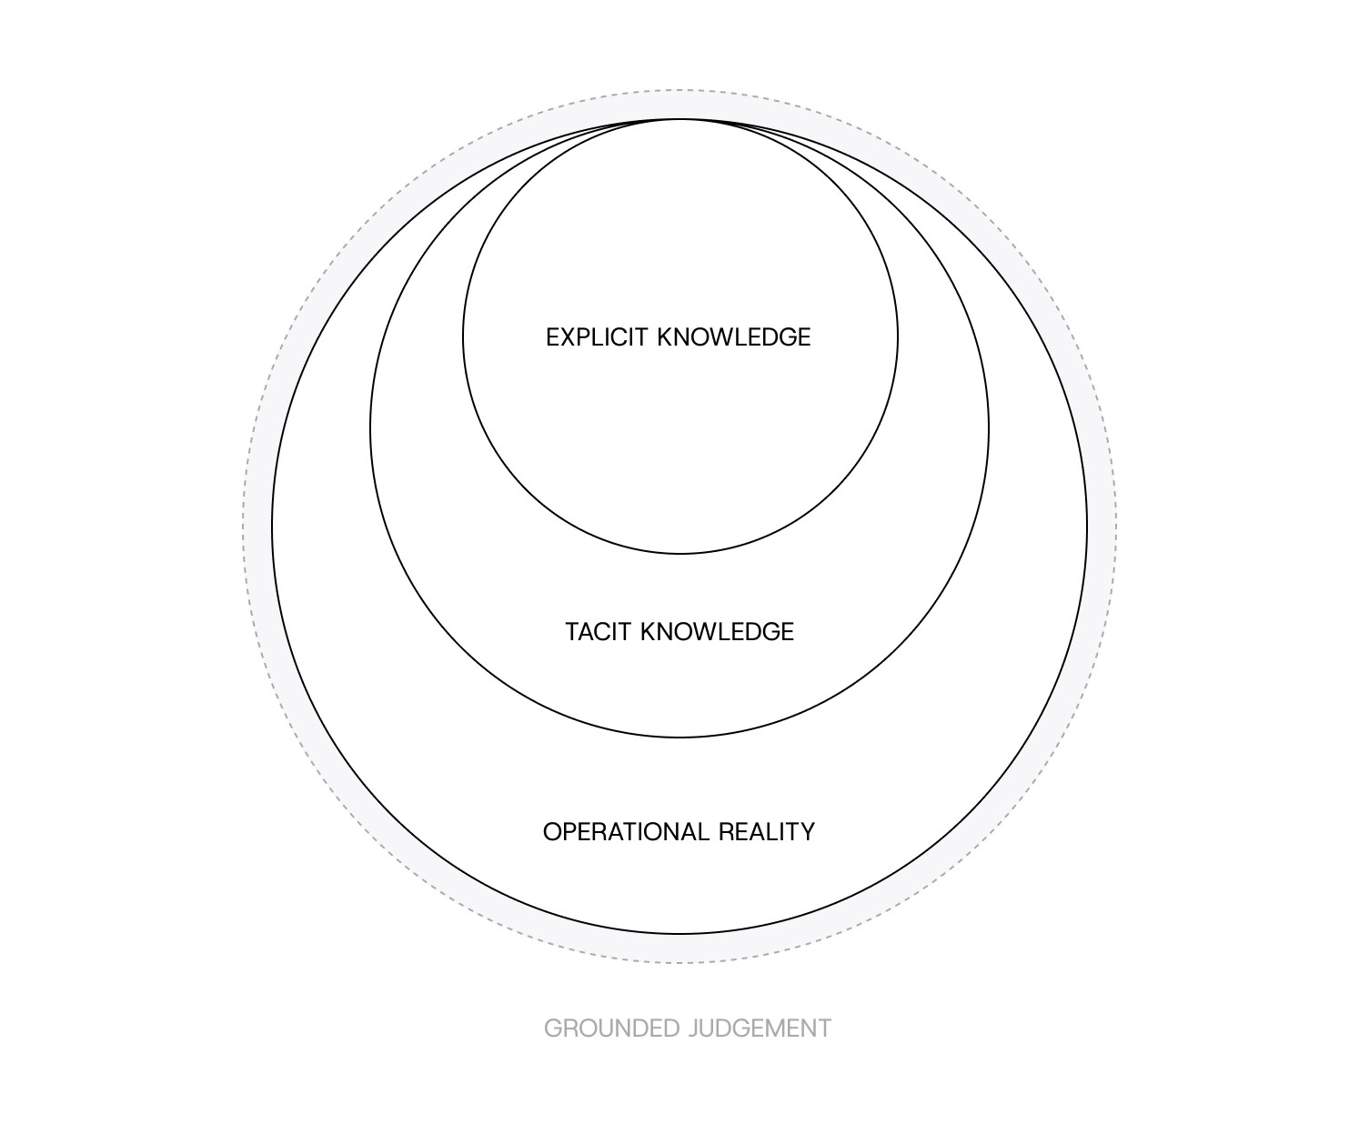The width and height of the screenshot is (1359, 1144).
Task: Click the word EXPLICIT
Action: pos(597,337)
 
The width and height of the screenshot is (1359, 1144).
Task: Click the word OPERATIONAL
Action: pos(627,832)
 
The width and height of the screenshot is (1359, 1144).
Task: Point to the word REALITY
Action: pos(767,832)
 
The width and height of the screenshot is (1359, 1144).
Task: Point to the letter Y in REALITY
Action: pos(807,832)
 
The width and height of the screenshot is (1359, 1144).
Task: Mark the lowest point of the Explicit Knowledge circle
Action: pos(680,553)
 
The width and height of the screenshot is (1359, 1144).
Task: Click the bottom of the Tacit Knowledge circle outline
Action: pos(679,737)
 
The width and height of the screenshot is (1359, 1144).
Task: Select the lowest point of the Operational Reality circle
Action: pos(679,933)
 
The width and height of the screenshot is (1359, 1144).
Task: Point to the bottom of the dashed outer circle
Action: pos(679,962)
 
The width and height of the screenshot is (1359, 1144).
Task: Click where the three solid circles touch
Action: pos(679,119)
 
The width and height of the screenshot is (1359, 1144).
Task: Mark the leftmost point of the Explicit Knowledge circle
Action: pos(463,336)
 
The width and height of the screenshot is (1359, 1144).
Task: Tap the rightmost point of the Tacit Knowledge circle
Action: pos(989,428)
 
